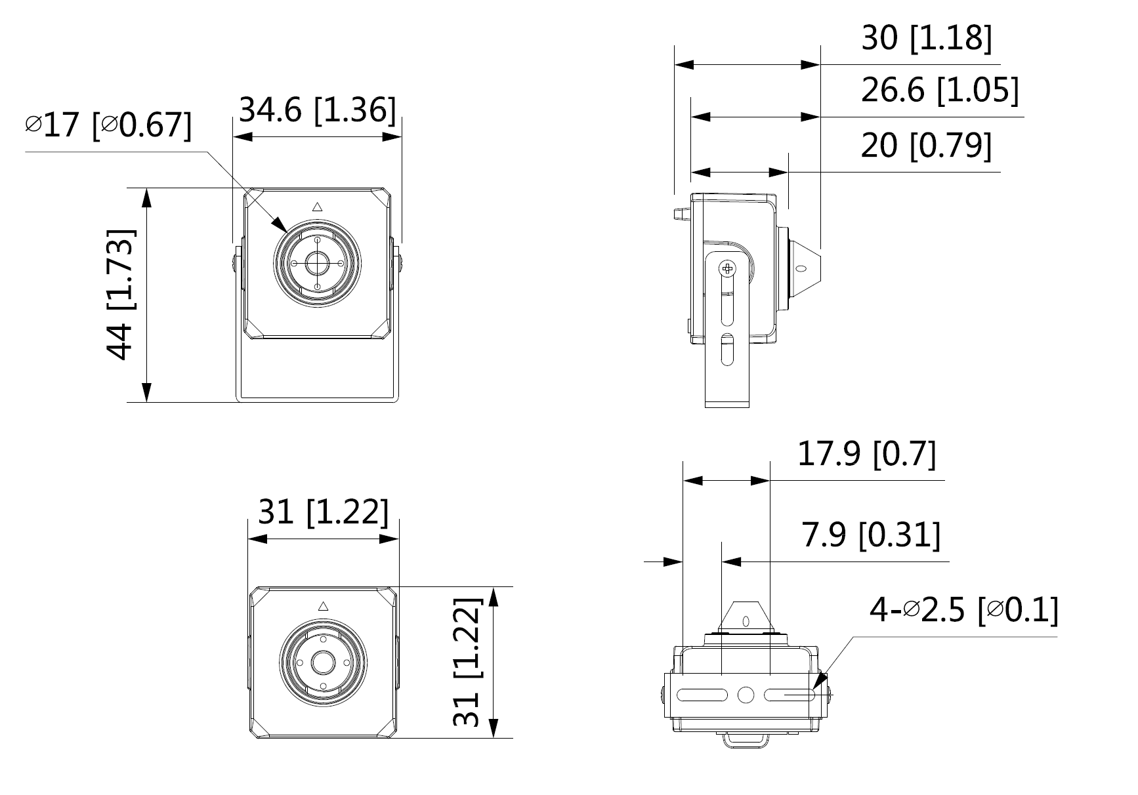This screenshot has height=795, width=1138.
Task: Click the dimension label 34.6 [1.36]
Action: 317,110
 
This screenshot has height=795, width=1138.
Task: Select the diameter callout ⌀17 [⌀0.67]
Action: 108,125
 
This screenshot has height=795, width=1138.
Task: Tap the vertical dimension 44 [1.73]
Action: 121,295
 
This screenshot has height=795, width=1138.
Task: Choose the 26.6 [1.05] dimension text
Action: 939,90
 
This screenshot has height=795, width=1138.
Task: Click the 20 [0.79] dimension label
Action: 925,145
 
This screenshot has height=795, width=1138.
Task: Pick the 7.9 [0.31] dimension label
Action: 870,535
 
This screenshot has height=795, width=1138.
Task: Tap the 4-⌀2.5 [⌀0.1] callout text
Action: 963,611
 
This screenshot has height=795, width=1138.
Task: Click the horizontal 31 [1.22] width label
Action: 323,512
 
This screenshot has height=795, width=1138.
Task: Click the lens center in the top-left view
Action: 317,264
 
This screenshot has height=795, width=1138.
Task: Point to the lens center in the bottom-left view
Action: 322,663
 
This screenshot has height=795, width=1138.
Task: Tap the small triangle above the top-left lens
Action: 317,207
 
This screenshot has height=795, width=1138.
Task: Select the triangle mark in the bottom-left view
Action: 322,607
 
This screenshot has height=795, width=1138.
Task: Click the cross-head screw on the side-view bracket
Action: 727,268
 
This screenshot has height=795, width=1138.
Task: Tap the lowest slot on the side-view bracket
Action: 727,349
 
